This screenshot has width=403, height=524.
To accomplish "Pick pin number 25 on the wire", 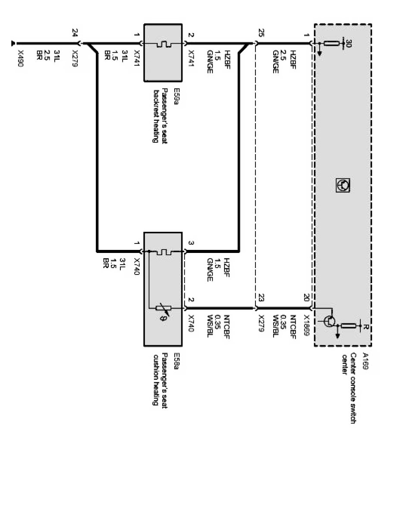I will click(260, 33).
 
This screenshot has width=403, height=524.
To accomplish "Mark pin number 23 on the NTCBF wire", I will click(260, 297).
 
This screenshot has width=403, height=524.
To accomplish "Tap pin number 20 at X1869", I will click(306, 297).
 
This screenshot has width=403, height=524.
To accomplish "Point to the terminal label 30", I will click(349, 43).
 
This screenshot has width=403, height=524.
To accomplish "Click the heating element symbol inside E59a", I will click(164, 44).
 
